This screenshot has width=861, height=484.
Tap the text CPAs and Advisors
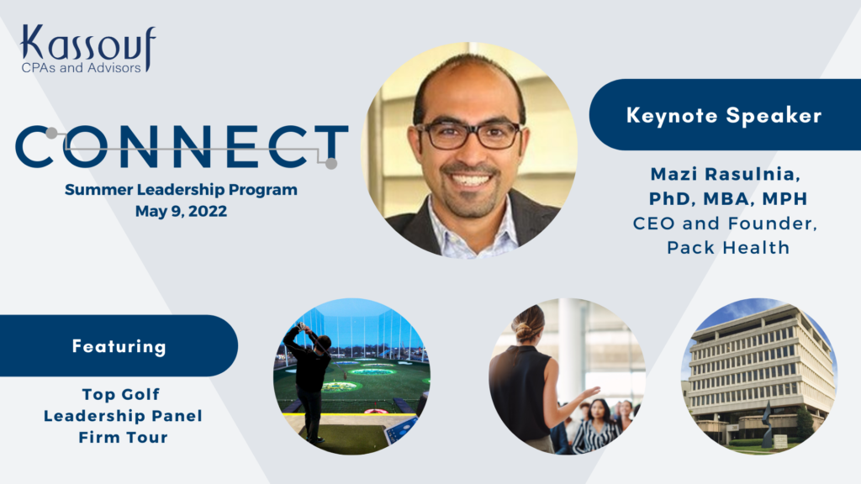point(82,68)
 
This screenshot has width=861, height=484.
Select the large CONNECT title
point(182,146)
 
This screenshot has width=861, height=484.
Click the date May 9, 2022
point(182,211)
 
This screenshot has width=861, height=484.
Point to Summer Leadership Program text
point(182,190)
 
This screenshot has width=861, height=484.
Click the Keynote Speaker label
point(724,115)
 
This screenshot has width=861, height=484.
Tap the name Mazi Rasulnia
point(725,174)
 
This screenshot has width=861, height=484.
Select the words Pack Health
point(728,248)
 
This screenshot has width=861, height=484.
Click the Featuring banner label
point(119,346)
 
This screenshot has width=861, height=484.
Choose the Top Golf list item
point(121,394)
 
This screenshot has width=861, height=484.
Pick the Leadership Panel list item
point(123,415)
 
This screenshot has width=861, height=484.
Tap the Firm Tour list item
point(123,437)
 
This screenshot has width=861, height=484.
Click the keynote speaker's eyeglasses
point(468,134)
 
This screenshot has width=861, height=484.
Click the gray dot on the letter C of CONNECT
point(51,134)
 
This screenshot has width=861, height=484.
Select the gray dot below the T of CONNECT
point(331,163)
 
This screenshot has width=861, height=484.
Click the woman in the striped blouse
point(596,427)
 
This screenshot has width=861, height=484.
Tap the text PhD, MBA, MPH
point(728,198)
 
